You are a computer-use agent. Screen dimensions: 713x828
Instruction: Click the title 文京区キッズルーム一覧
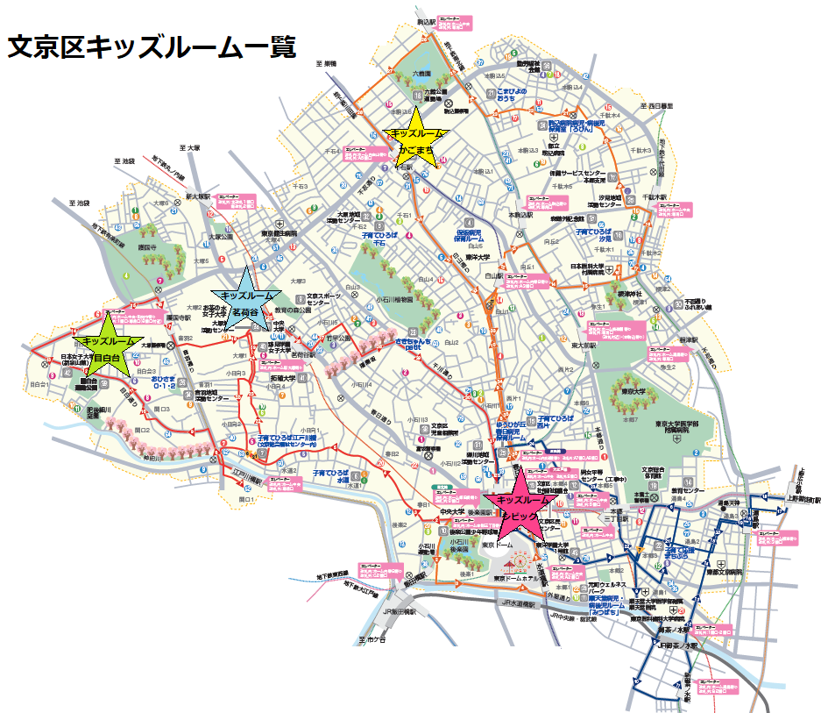point(151,46)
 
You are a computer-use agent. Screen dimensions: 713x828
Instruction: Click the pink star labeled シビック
point(523,503)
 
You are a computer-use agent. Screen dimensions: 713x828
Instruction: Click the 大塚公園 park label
point(226,236)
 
